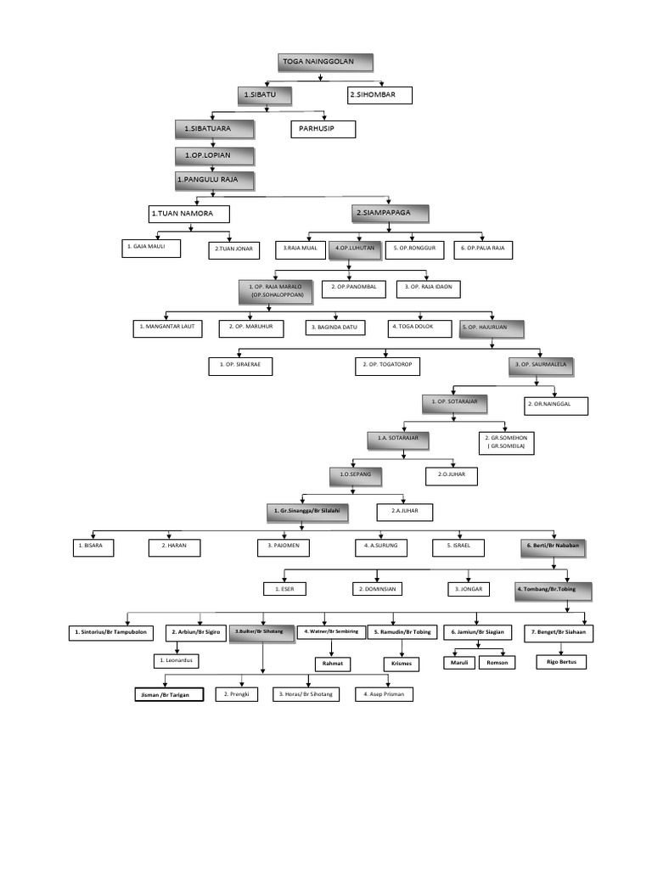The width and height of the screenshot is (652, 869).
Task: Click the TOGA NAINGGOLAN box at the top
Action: click(x=326, y=63)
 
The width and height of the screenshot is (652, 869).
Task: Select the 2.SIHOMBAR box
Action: click(x=379, y=94)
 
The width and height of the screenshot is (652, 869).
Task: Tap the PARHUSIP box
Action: click(x=323, y=129)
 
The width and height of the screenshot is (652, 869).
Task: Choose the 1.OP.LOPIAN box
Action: click(x=215, y=155)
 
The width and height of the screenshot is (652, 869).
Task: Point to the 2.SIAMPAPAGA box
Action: click(x=390, y=212)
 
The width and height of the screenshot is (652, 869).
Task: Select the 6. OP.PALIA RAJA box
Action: click(x=483, y=249)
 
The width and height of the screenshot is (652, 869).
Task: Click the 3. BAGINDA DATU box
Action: click(x=335, y=328)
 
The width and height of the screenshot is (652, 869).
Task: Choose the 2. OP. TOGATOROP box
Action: click(x=386, y=366)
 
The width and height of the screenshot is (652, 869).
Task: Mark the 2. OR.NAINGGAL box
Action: click(x=556, y=406)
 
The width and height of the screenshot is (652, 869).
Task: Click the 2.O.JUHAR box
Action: click(x=452, y=476)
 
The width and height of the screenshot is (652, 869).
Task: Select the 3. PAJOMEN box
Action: click(x=284, y=547)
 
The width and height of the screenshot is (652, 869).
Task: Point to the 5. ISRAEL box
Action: click(x=458, y=547)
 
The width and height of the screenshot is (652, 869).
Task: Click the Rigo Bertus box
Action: click(x=560, y=661)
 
